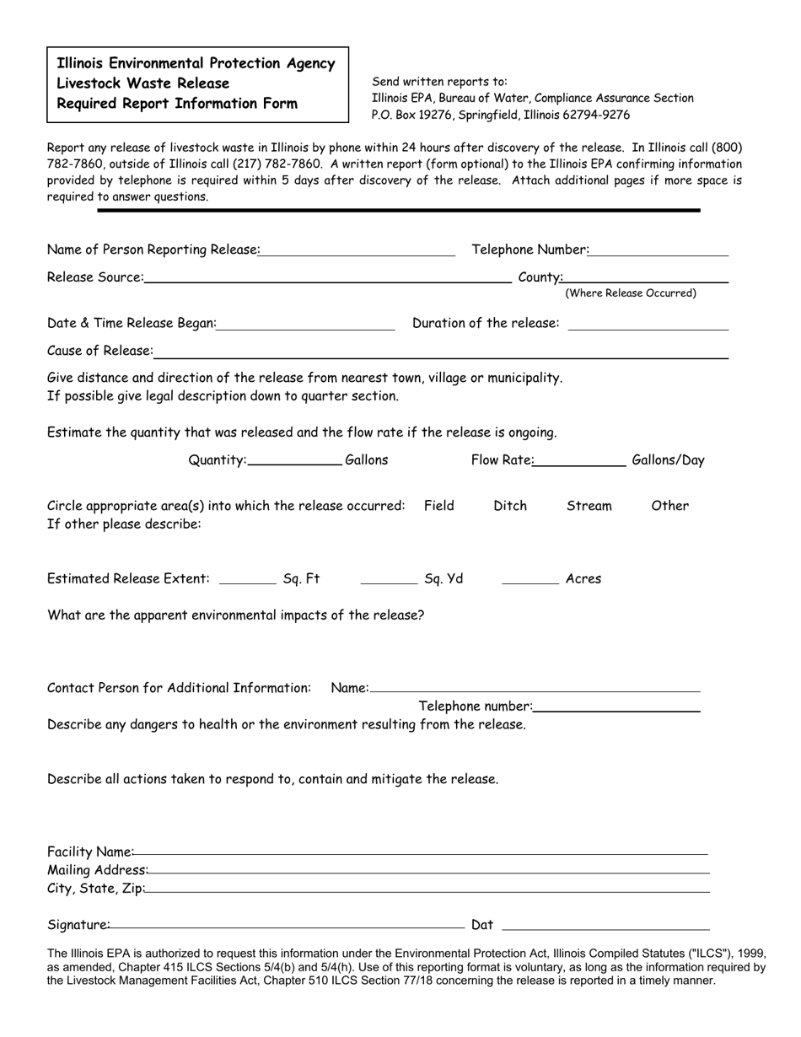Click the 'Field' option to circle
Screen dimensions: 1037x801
click(438, 506)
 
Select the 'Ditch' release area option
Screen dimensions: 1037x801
click(510, 506)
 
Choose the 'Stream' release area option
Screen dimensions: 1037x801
click(589, 506)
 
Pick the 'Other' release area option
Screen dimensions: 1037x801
click(669, 506)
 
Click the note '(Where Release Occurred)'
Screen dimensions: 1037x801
click(631, 293)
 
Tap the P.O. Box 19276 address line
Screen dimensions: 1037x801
click(500, 115)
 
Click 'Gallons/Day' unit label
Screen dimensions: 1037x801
click(668, 460)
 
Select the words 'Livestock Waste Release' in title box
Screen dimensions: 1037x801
click(143, 83)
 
